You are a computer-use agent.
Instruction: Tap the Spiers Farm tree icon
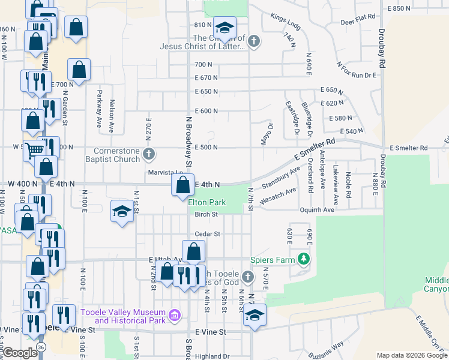(305, 259)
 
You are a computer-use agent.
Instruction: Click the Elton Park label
(207, 203)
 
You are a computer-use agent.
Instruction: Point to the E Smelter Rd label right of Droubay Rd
(408, 148)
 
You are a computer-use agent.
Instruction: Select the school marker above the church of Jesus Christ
(224, 28)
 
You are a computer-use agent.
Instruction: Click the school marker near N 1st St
(122, 211)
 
